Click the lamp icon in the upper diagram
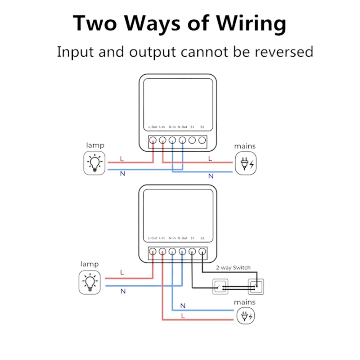point(95,162)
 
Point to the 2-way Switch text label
point(233,268)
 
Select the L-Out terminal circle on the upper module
point(153,140)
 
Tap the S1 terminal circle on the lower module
point(192,252)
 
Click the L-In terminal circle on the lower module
point(162,252)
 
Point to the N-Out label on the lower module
point(182,238)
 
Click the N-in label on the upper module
point(172,127)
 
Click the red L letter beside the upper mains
point(210,158)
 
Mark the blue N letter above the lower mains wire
point(183,306)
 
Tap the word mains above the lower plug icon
point(245,302)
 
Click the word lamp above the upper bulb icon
point(95,145)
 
